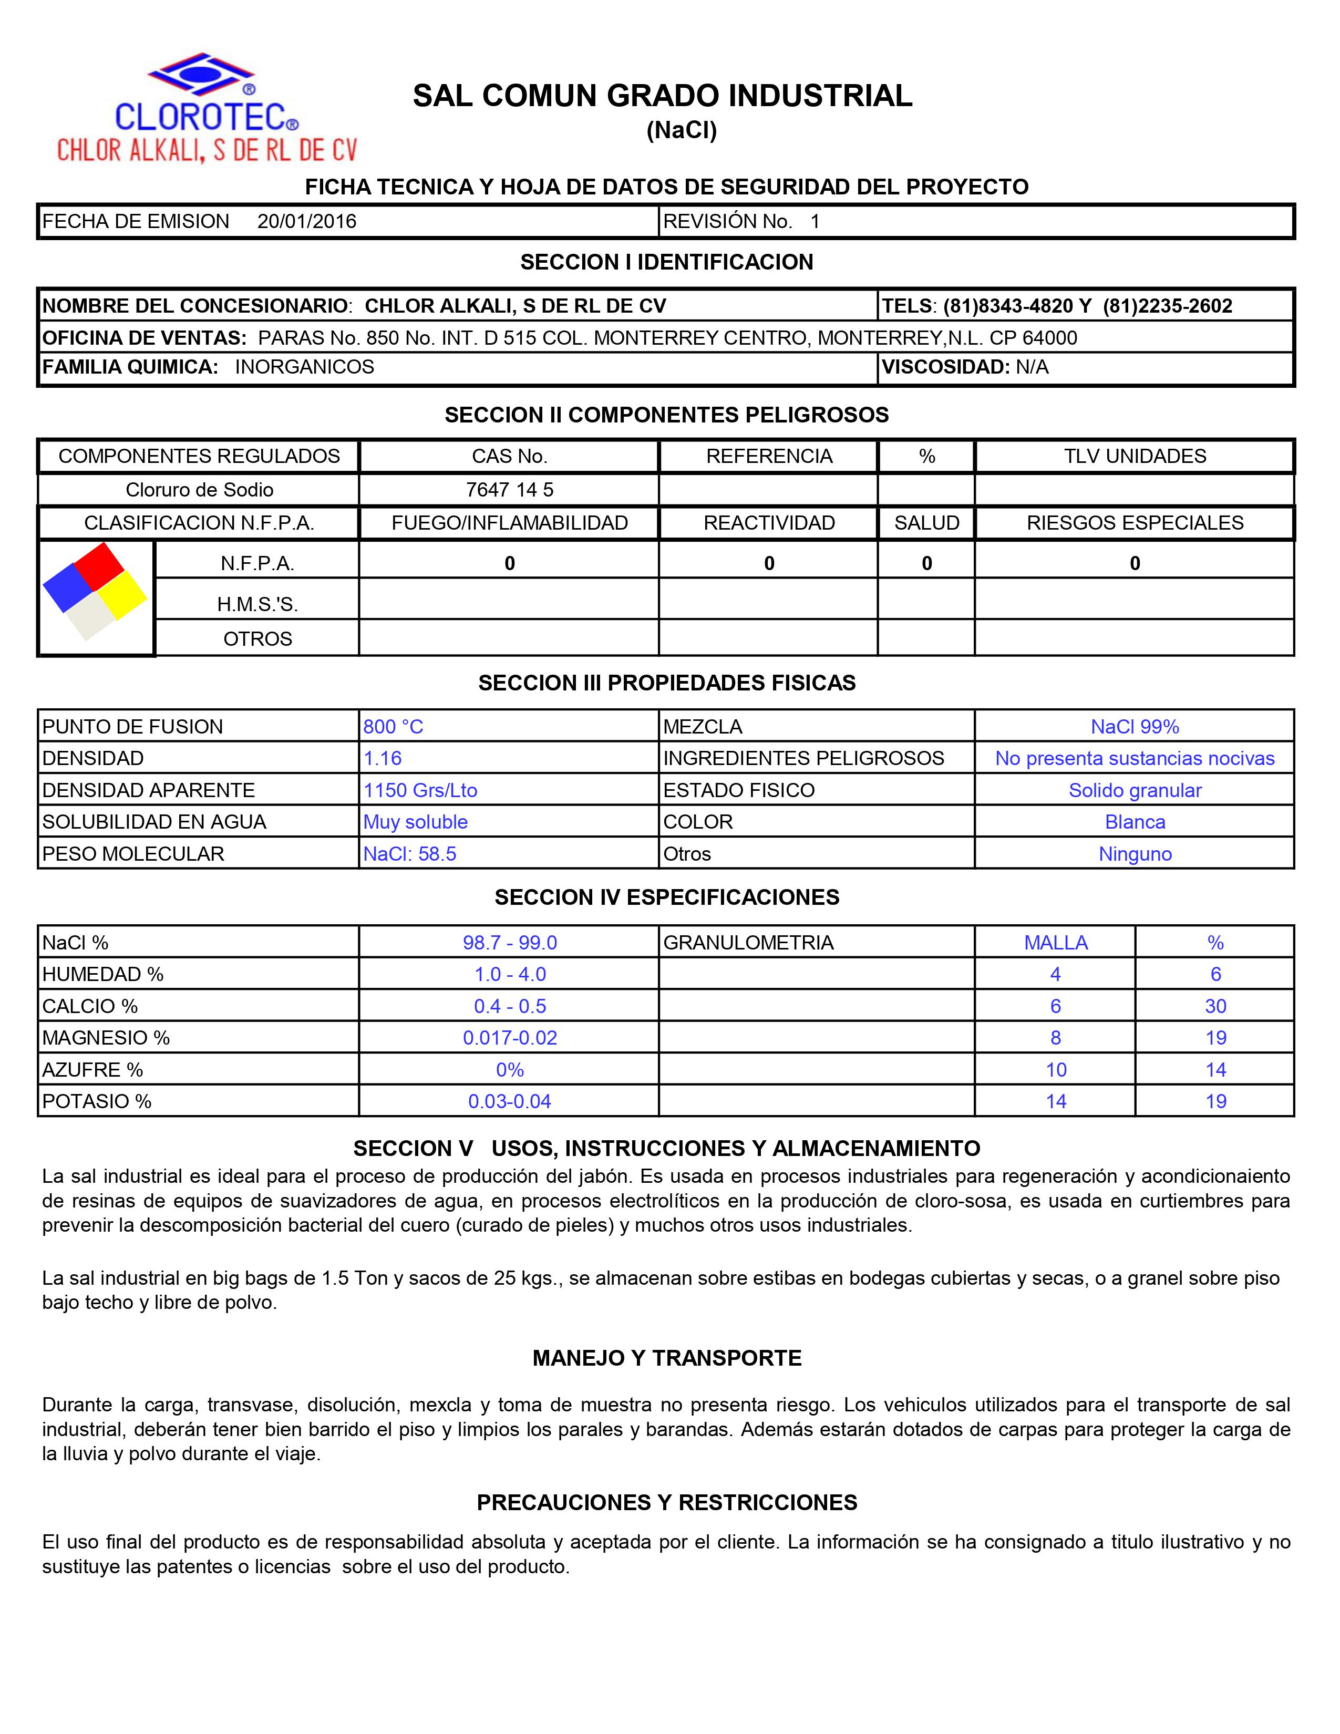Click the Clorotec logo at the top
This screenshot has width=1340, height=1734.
[x=207, y=107]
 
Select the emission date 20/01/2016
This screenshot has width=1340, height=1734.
[x=306, y=222]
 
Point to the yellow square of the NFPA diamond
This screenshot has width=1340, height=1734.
[x=122, y=595]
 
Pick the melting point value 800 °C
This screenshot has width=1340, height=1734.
[x=393, y=727]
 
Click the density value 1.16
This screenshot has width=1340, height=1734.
[x=383, y=758]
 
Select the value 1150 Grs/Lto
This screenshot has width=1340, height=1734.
[x=420, y=790]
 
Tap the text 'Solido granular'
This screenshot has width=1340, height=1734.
[x=1135, y=790]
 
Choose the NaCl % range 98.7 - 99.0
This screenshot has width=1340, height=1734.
[x=510, y=943]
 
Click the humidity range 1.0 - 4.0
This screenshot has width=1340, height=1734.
[x=510, y=974]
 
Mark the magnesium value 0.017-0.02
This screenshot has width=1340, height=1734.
[x=510, y=1038]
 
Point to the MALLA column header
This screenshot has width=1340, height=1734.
[x=1055, y=943]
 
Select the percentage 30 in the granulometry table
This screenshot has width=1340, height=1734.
[x=1215, y=1006]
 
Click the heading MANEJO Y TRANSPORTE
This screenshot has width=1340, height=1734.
[x=667, y=1358]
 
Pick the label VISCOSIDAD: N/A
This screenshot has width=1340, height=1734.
[x=964, y=367]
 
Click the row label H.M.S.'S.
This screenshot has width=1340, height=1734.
[x=257, y=604]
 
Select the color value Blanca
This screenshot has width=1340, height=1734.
[x=1135, y=822]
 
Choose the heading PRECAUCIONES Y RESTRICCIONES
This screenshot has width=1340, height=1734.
[x=667, y=1502]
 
